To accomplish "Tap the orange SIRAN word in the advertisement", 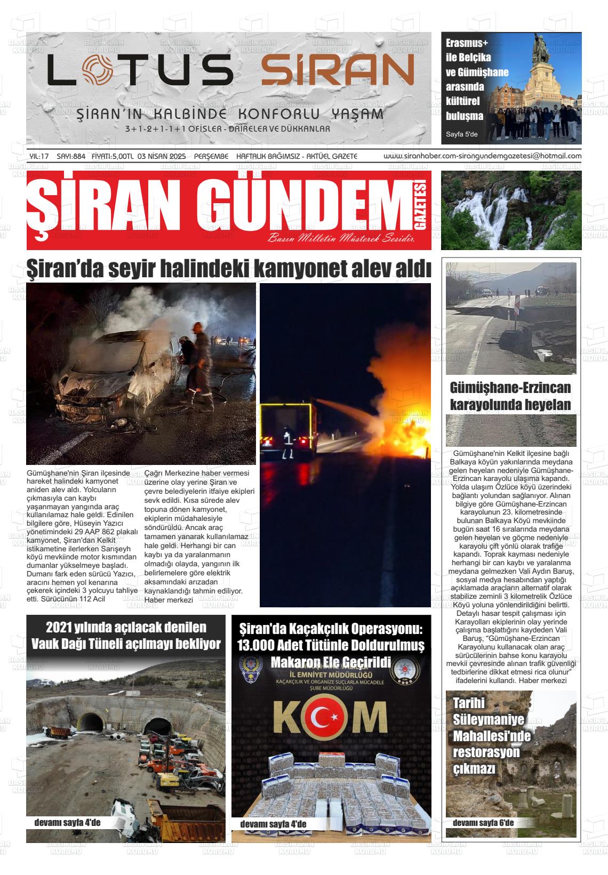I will (x=337, y=69).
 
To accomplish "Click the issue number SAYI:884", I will (x=71, y=156).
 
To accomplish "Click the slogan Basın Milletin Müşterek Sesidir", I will (x=341, y=238).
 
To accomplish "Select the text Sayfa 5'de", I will (x=462, y=134).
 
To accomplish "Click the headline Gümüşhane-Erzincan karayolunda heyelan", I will (x=510, y=396).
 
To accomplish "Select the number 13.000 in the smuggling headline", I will (x=255, y=646).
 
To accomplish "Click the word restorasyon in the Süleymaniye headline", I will (x=486, y=752).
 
